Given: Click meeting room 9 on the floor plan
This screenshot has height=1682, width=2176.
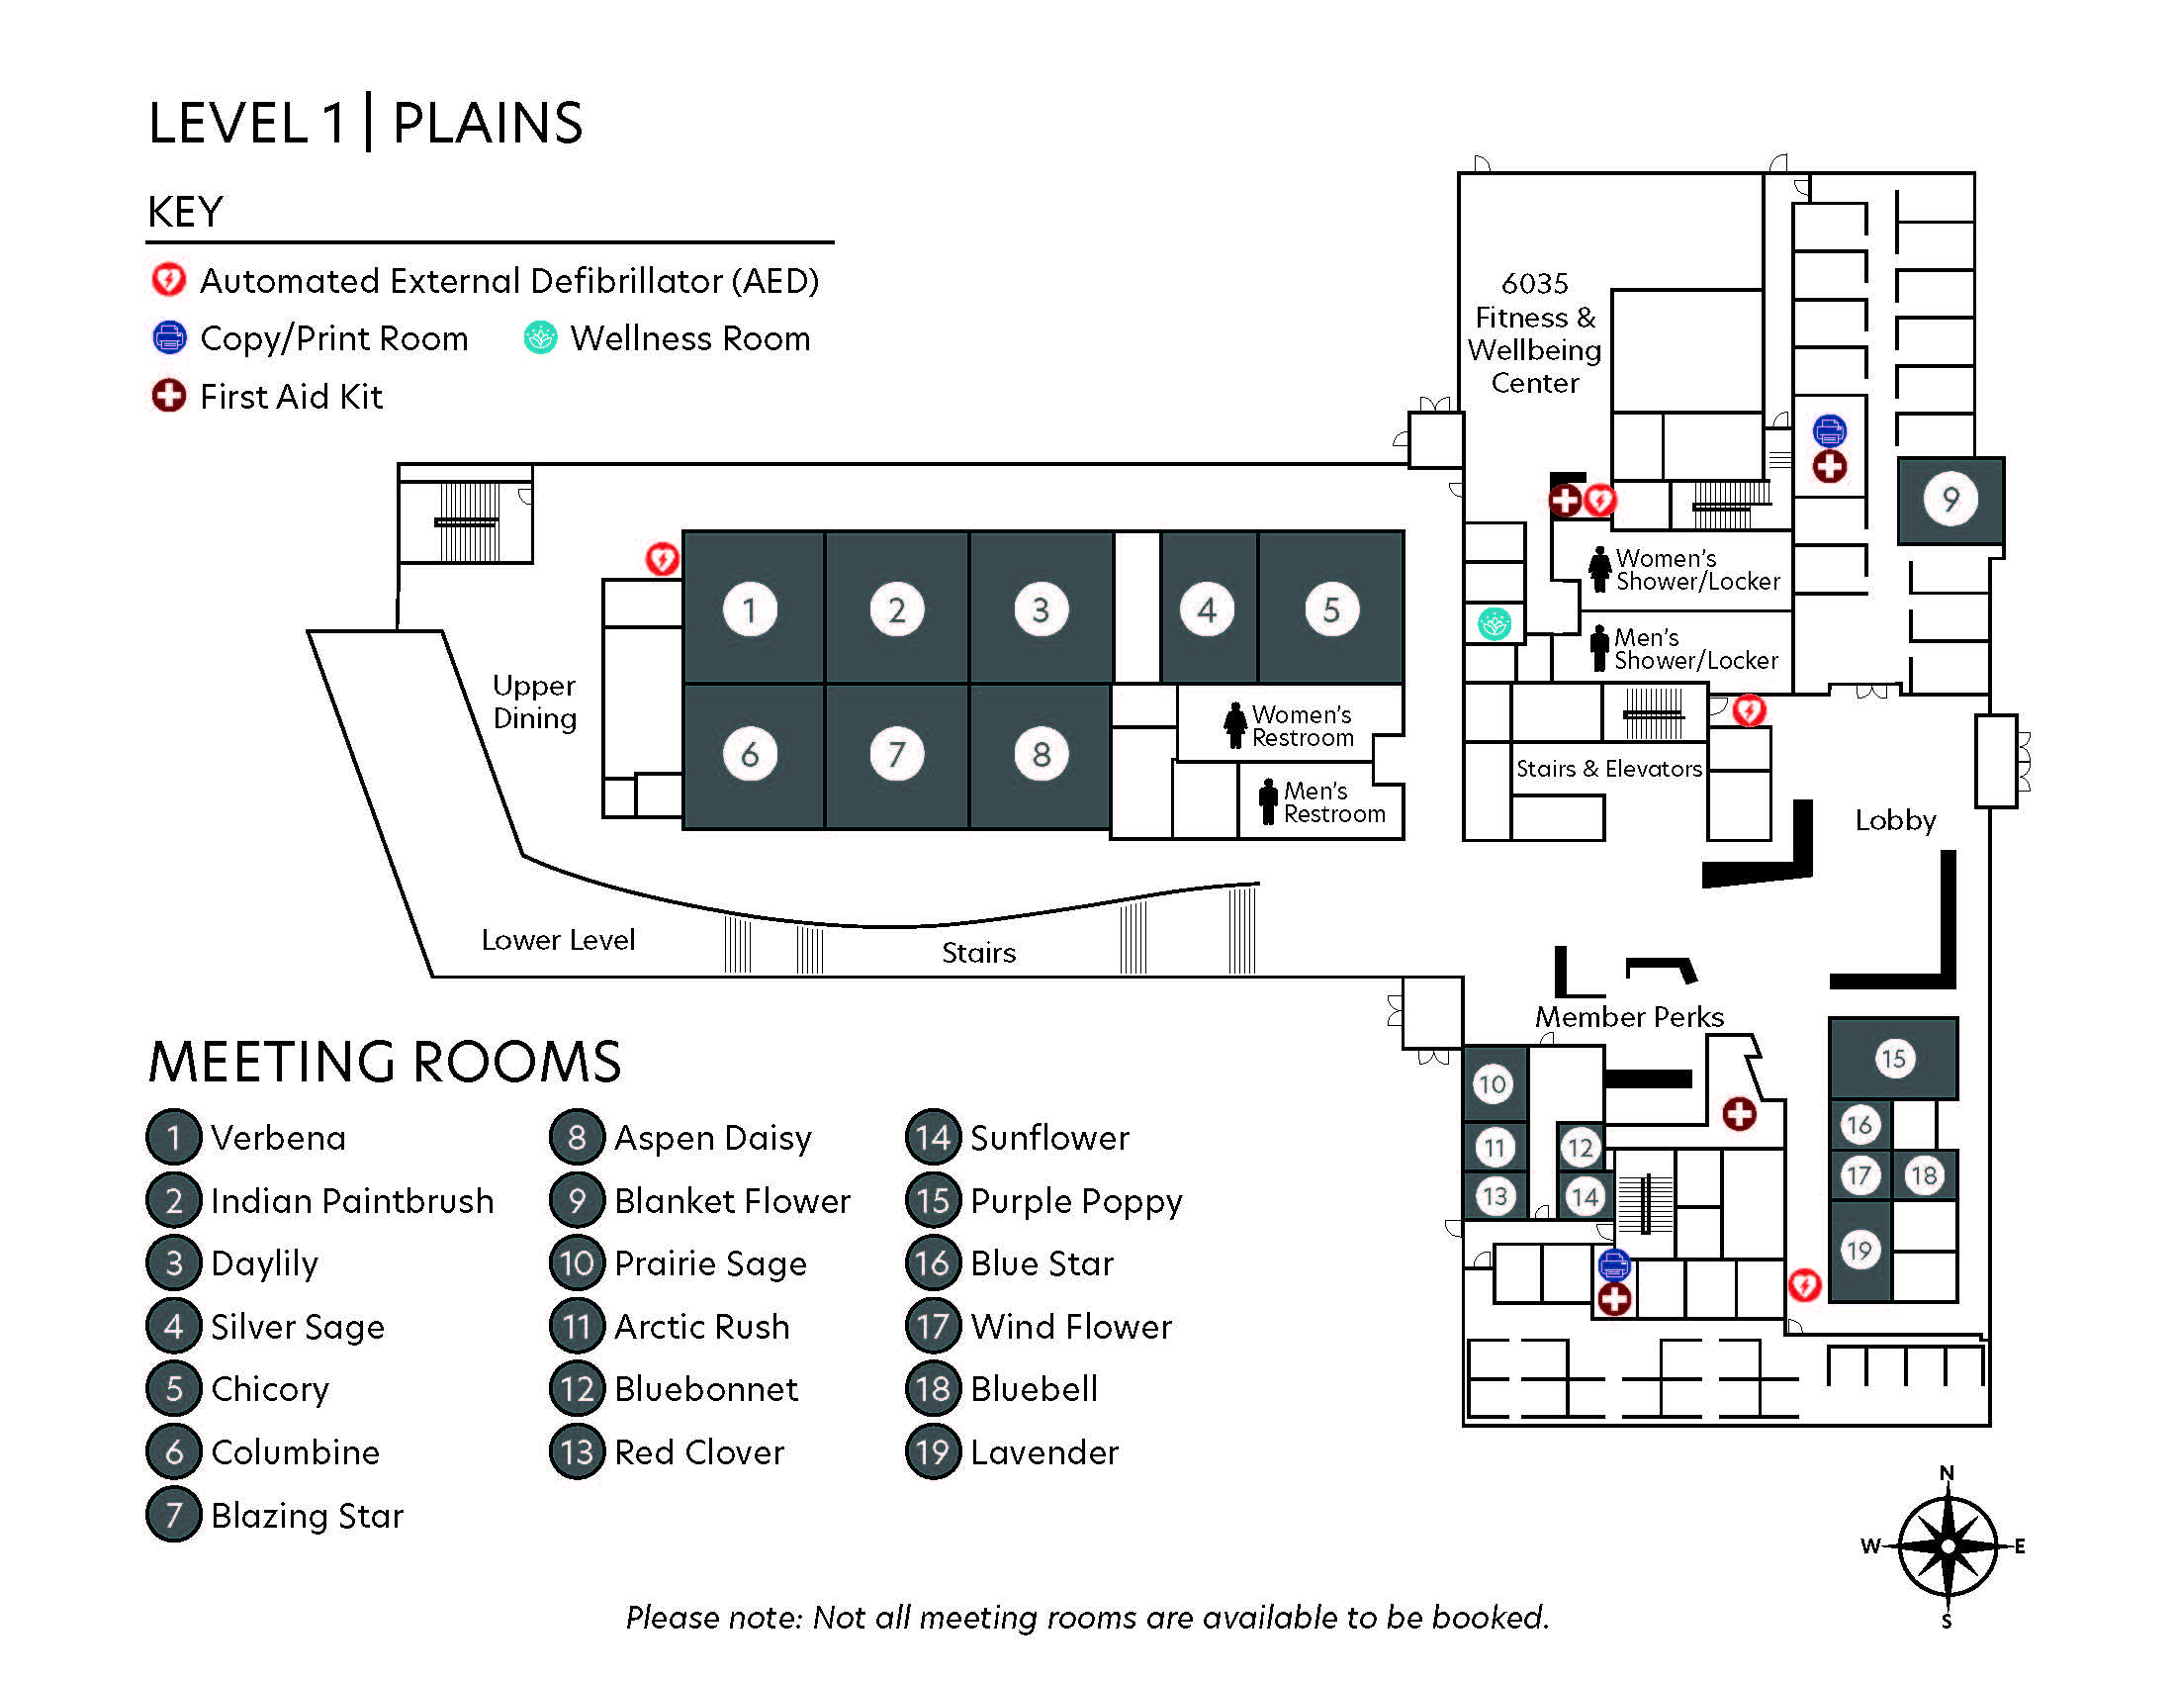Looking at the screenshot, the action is [x=1949, y=501].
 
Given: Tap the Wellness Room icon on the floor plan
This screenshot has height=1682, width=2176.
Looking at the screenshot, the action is [x=1494, y=623].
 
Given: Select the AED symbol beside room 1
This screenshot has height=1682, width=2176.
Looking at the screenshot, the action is [x=662, y=559].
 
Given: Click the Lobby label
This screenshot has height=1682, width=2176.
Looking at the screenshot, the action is [x=1895, y=820].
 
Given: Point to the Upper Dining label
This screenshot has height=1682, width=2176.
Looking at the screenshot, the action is [x=535, y=701].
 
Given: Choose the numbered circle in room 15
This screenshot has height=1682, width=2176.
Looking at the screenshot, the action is [x=1893, y=1058].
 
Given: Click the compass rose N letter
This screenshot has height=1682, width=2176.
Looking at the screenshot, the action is [x=1947, y=1473].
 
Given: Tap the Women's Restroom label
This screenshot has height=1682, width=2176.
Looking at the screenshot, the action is [x=1303, y=725].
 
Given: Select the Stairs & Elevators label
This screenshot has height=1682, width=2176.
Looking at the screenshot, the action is [x=1608, y=768].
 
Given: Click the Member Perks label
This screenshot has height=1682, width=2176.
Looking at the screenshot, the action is [x=1629, y=1016].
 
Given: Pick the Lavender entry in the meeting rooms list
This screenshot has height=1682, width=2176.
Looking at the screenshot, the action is [x=1044, y=1451].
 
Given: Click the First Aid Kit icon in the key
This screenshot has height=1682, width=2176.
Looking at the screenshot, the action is [x=168, y=396].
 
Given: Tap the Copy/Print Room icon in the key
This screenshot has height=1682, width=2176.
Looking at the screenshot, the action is [x=168, y=337].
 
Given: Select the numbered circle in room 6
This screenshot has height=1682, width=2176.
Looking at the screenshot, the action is [x=750, y=754].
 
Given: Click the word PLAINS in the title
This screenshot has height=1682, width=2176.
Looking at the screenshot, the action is [x=488, y=124].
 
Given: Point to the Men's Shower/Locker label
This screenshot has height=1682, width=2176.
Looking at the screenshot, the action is [x=1695, y=649].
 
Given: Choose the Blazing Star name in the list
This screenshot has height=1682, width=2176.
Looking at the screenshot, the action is [x=307, y=1515].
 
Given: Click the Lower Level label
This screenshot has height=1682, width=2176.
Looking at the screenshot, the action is [x=558, y=940].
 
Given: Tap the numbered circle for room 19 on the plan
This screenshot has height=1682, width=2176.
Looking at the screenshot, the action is [x=1859, y=1250].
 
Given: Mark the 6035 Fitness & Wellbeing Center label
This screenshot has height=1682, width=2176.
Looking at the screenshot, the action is [x=1534, y=332].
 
